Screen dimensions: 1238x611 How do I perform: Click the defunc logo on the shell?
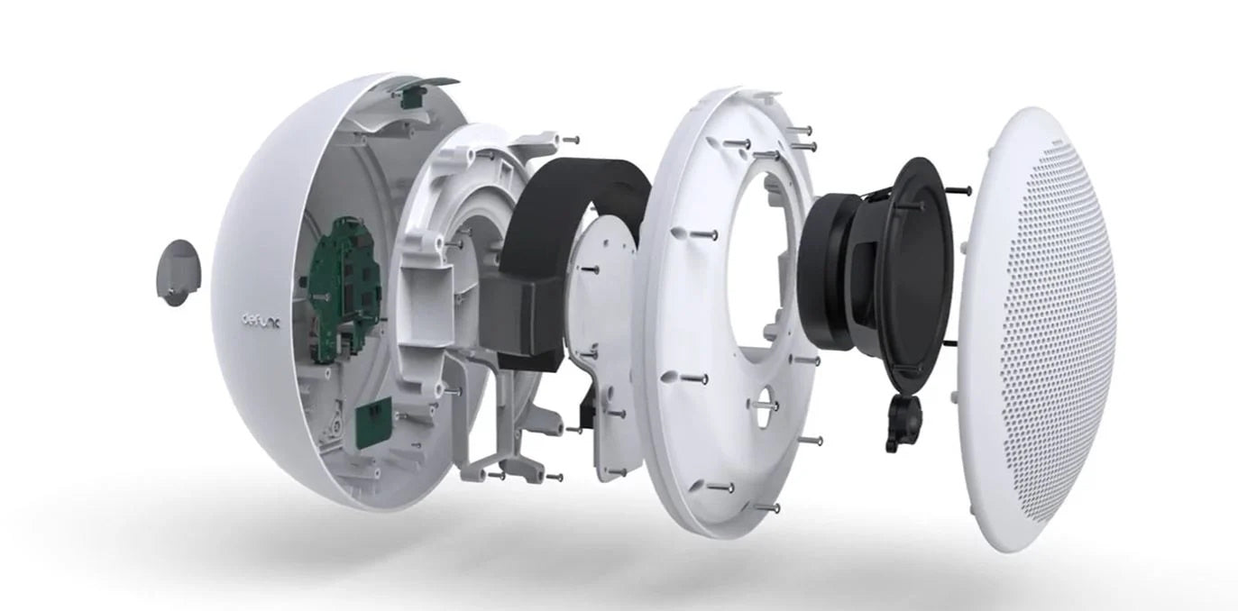pos(261,322)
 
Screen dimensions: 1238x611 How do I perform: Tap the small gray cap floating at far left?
pos(177,272)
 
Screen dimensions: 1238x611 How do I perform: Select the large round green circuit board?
pos(343,289)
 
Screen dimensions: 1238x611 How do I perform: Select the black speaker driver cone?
pos(906,270)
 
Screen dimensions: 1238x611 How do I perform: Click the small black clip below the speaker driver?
pos(902,424)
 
